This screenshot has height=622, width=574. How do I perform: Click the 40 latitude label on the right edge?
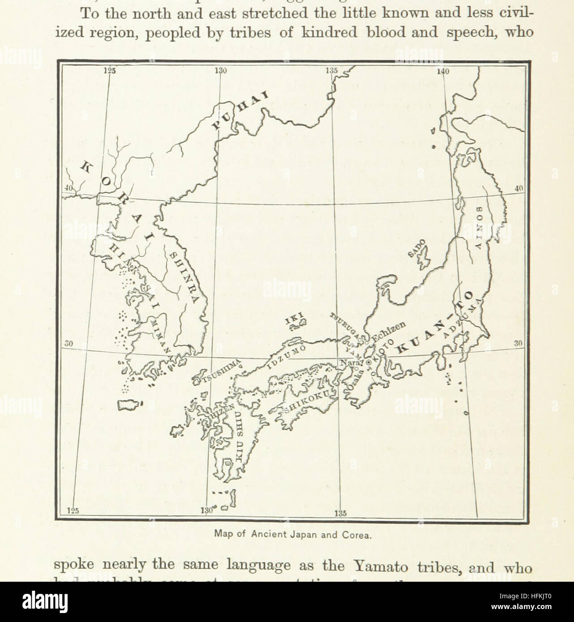pyautogui.click(x=518, y=189)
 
